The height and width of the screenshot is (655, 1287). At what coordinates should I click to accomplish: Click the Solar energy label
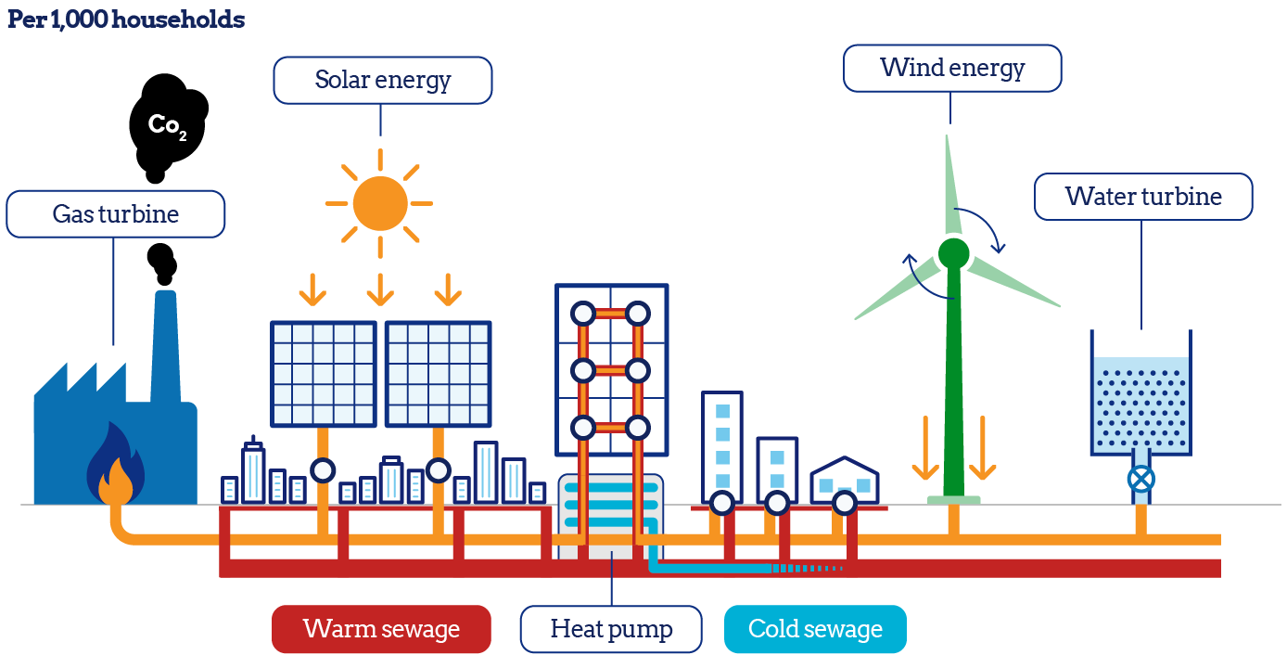coord(382,80)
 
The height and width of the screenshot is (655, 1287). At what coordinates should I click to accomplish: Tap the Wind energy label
coord(952,69)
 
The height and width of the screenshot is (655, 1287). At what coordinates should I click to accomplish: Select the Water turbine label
coord(1142,197)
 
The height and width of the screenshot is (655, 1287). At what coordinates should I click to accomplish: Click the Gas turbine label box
coord(115,214)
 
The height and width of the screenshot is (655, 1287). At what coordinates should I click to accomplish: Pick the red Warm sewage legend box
coord(381,629)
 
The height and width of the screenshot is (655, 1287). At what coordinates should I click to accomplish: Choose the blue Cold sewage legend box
coord(814,629)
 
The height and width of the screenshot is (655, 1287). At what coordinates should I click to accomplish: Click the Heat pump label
coord(611,629)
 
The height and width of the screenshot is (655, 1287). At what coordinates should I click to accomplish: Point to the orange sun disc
coord(379,203)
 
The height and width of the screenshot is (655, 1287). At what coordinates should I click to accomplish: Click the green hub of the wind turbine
coord(953,252)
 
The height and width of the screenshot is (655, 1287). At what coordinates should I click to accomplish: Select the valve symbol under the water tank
coord(1141,479)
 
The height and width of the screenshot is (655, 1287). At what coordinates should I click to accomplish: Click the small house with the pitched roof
coord(845,479)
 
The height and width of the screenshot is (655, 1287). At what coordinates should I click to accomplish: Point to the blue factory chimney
coord(165,343)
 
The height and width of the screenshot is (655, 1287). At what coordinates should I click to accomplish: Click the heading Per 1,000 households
coord(126,20)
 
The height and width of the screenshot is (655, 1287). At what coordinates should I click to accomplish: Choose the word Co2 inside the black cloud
coord(167,126)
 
